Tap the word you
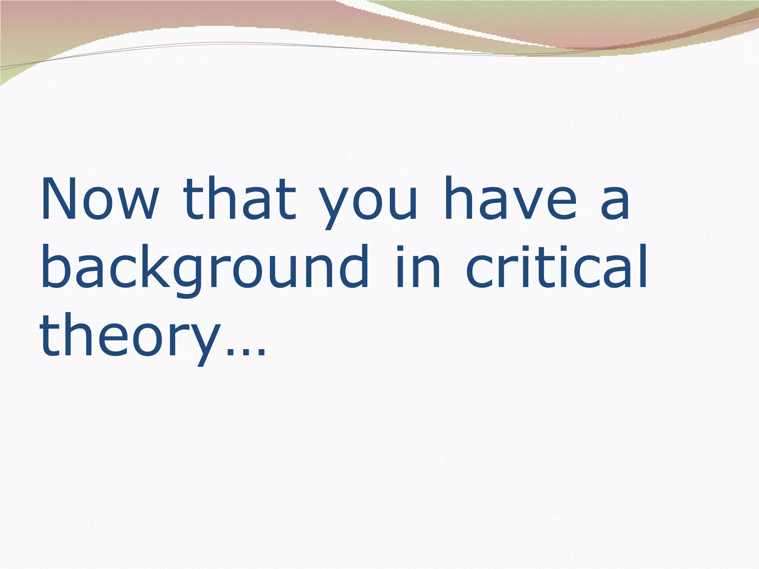(369, 204)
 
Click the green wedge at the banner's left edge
(11, 76)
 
